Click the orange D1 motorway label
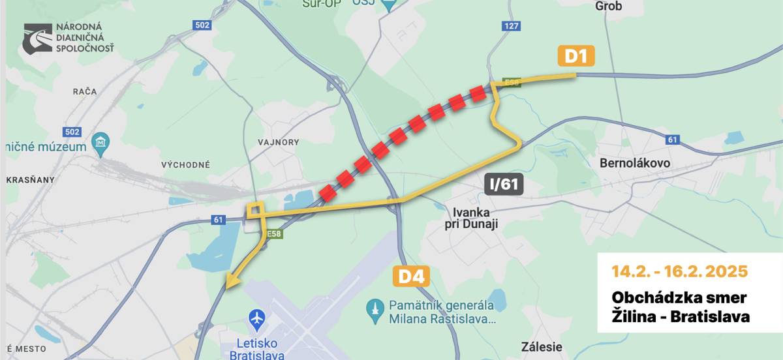[576, 57]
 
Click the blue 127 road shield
[511, 26]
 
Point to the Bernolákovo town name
[634, 163]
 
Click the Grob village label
[609, 7]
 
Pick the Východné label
[186, 164]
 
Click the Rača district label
[85, 92]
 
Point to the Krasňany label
[31, 179]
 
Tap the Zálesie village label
[542, 346]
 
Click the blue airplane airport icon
[257, 320]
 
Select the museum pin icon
[100, 143]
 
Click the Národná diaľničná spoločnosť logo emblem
[38, 39]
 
